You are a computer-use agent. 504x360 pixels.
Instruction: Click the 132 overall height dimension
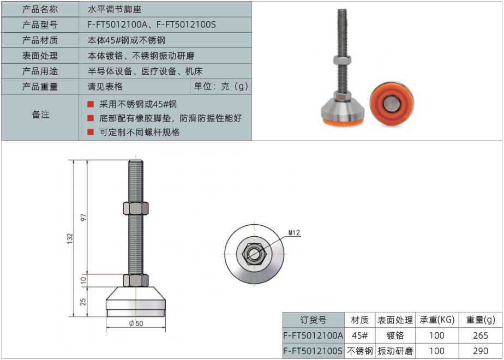click(70, 238)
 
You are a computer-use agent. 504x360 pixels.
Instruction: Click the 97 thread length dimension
click(83, 217)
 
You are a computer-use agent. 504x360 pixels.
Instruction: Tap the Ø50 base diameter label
click(136, 323)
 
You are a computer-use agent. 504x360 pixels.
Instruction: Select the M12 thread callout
click(294, 233)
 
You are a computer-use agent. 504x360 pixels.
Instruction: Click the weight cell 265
click(481, 335)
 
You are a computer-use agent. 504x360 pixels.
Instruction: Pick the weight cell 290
click(481, 351)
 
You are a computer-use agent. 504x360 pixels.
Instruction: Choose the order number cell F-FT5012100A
click(314, 335)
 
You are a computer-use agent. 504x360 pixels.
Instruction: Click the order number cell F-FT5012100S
click(314, 351)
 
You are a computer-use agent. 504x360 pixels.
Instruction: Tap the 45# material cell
click(360, 335)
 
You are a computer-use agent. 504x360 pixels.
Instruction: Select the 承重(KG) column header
click(437, 320)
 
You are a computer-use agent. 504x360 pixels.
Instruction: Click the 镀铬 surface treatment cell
click(395, 335)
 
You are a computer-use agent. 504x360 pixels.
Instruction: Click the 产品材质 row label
click(40, 40)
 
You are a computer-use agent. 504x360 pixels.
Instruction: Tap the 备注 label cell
click(40, 115)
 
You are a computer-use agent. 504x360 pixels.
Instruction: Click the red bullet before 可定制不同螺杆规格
click(91, 132)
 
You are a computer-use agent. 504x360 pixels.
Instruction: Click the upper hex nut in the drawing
click(136, 208)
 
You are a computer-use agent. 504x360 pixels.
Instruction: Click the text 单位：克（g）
click(221, 87)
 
